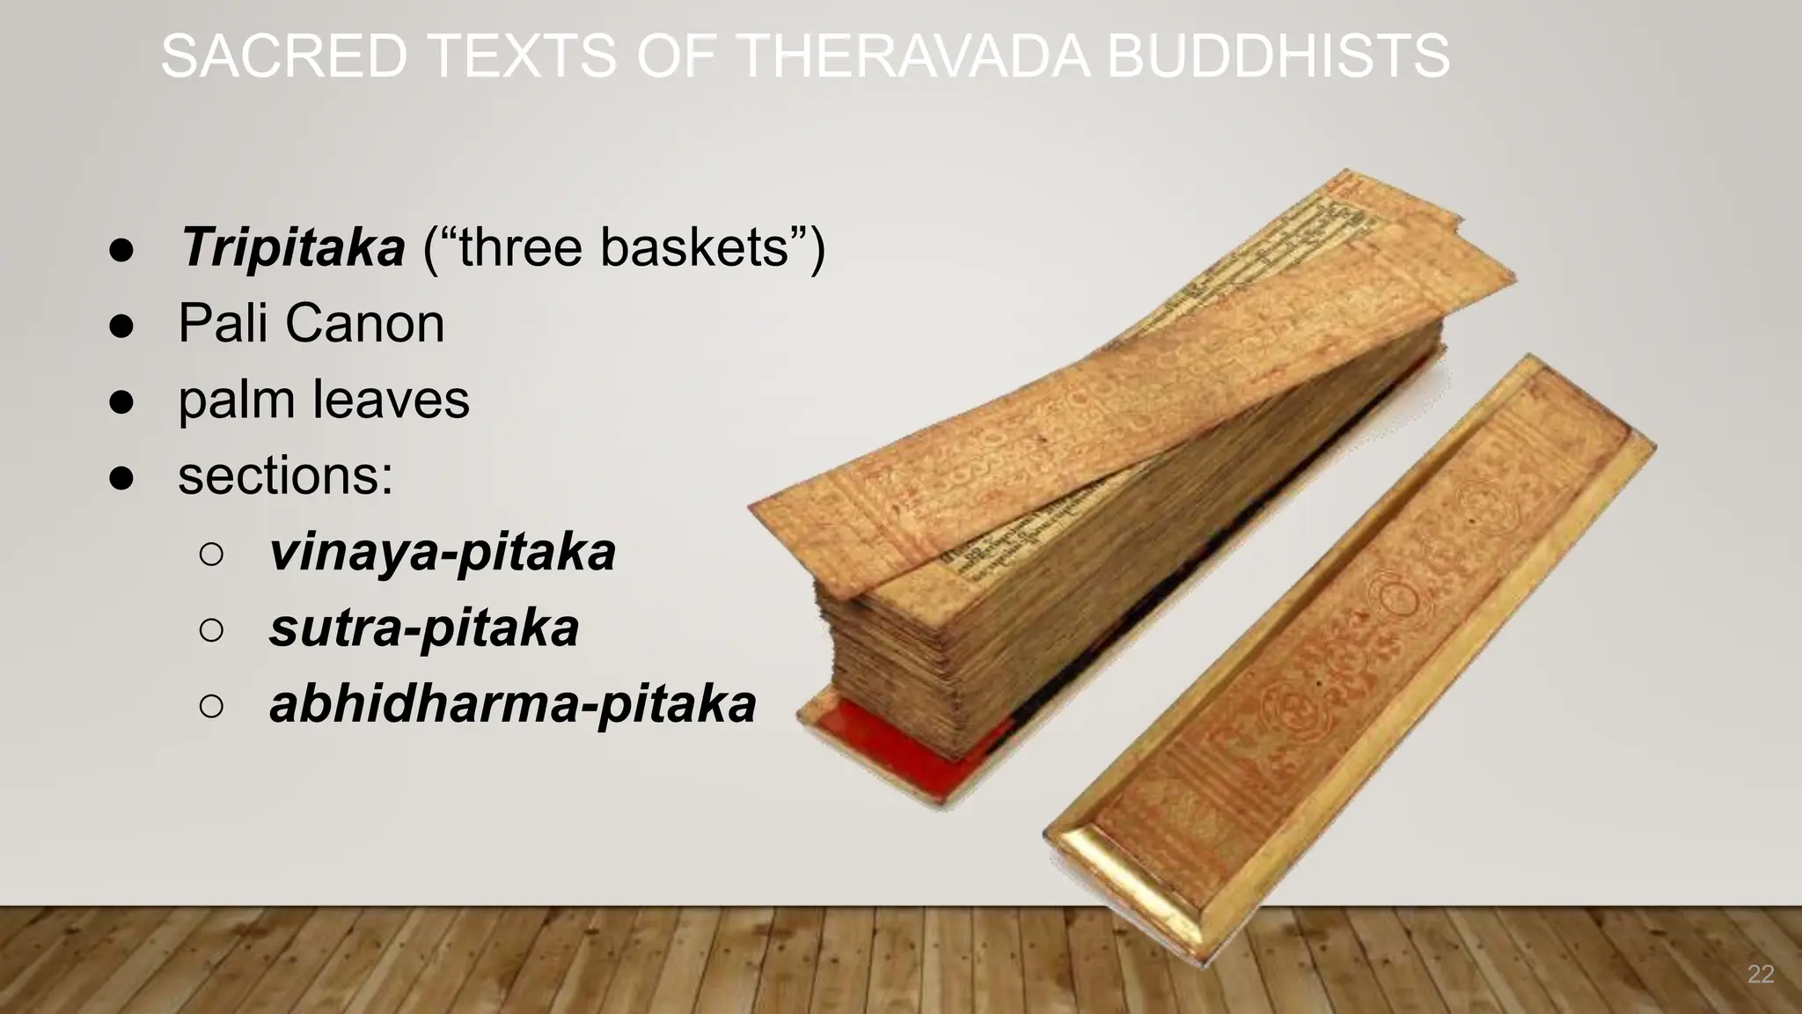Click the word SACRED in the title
(283, 56)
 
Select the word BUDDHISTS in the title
(1277, 56)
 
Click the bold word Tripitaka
(292, 247)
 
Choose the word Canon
(365, 323)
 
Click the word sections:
(285, 475)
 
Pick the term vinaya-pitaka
(443, 552)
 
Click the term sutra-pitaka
(424, 628)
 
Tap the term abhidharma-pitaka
(513, 704)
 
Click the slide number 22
(1760, 974)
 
